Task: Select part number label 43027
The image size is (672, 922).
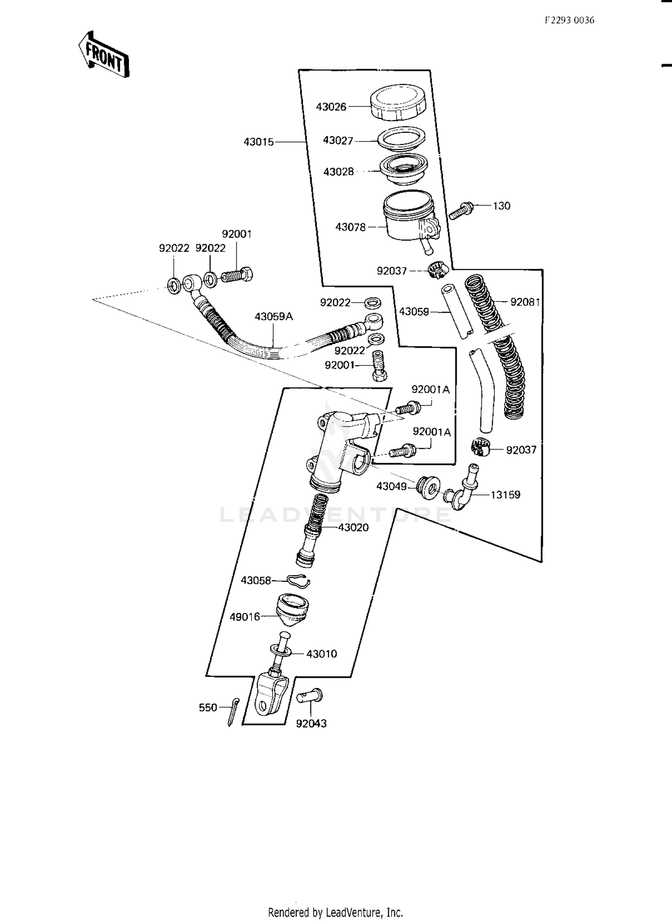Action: pos(338,140)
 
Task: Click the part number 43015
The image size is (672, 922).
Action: pos(258,142)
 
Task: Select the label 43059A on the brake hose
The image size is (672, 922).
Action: pos(274,317)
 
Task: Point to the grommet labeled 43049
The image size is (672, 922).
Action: pos(428,487)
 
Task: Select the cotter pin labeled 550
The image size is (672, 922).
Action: pos(233,712)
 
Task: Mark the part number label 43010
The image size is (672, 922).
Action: pos(322,654)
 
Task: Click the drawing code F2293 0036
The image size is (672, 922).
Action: pos(569,20)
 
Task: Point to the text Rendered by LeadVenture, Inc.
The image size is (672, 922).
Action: pos(336,912)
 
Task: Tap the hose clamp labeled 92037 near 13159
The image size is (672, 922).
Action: pos(481,447)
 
